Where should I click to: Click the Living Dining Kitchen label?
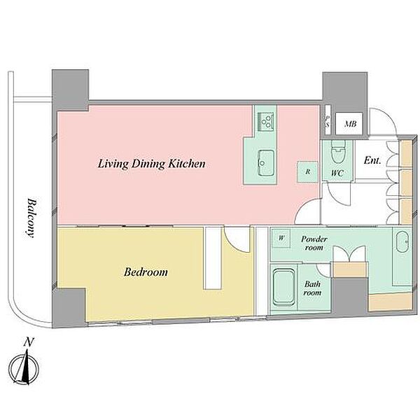152,164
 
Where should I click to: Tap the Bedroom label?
146,272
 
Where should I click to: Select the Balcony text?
31,218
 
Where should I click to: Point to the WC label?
337,173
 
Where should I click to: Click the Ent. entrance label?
372,160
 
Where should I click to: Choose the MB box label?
350,124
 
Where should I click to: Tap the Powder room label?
314,243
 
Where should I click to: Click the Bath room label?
312,288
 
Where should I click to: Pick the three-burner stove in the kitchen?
266,122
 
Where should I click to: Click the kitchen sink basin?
266,163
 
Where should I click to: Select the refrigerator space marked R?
307,171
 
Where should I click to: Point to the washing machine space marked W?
281,238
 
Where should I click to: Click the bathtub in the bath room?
283,288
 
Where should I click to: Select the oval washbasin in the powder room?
402,242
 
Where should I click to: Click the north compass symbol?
23,369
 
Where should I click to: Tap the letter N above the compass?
29,342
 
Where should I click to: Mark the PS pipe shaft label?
327,122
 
